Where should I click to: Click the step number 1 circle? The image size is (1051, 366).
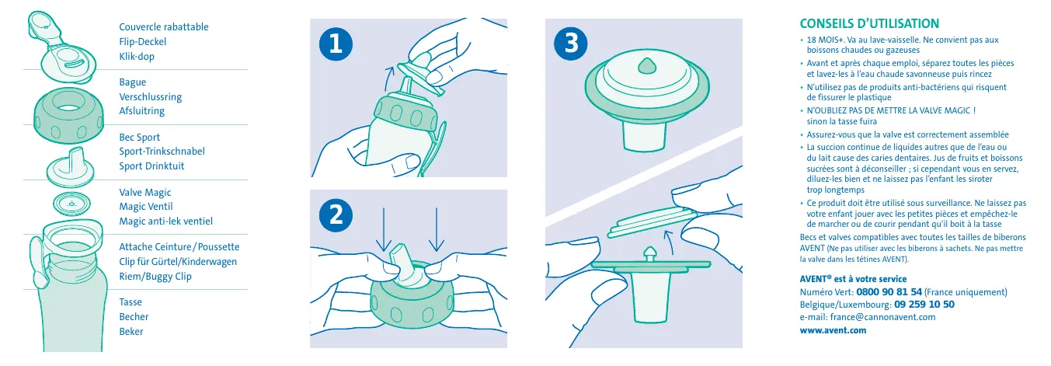point(336,44)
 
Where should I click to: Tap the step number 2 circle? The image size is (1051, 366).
point(336,215)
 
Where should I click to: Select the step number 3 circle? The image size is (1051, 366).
point(571,44)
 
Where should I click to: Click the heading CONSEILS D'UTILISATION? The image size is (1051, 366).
point(869,23)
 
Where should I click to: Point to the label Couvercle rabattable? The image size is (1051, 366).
point(164,26)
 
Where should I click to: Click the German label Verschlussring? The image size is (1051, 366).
point(150,96)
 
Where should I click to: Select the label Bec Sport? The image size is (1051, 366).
point(139,137)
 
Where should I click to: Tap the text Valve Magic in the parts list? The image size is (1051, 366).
point(145,193)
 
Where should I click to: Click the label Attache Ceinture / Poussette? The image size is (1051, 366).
point(179,247)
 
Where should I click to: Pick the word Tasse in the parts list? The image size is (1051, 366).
point(131,302)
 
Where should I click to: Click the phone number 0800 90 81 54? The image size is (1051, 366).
point(889,292)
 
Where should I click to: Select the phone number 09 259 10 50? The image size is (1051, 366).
point(924,304)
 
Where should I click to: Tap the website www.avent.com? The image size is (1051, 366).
point(833,330)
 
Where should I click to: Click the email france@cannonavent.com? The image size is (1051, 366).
point(882,317)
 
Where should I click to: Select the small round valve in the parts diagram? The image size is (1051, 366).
point(71,204)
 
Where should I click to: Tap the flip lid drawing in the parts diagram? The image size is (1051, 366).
point(61,47)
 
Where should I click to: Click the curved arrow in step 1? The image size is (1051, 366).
point(388,78)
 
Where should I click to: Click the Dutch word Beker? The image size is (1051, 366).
point(131,331)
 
